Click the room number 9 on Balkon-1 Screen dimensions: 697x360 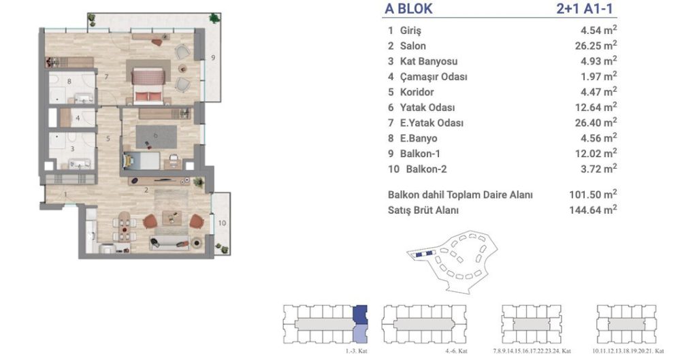pyautogui.click(x=213, y=57)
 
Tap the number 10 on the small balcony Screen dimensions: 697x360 pyautogui.click(x=222, y=223)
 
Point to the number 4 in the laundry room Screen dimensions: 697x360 pyautogui.click(x=78, y=118)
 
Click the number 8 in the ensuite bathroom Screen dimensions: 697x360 pyautogui.click(x=69, y=82)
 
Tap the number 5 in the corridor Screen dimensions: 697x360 pyautogui.click(x=108, y=139)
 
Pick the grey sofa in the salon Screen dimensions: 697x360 pyautogui.click(x=169, y=243)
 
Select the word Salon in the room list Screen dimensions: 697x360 pyautogui.click(x=413, y=46)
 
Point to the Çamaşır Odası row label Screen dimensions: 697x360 pyautogui.click(x=434, y=77)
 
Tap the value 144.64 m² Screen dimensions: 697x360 pyautogui.click(x=593, y=210)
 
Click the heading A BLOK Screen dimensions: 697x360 pyautogui.click(x=408, y=9)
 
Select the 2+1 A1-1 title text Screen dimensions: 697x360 pyautogui.click(x=586, y=9)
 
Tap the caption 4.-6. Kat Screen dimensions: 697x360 pyautogui.click(x=458, y=351)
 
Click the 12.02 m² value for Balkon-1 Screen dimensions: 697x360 pyautogui.click(x=593, y=153)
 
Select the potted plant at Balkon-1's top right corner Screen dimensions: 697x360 pyautogui.click(x=214, y=18)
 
